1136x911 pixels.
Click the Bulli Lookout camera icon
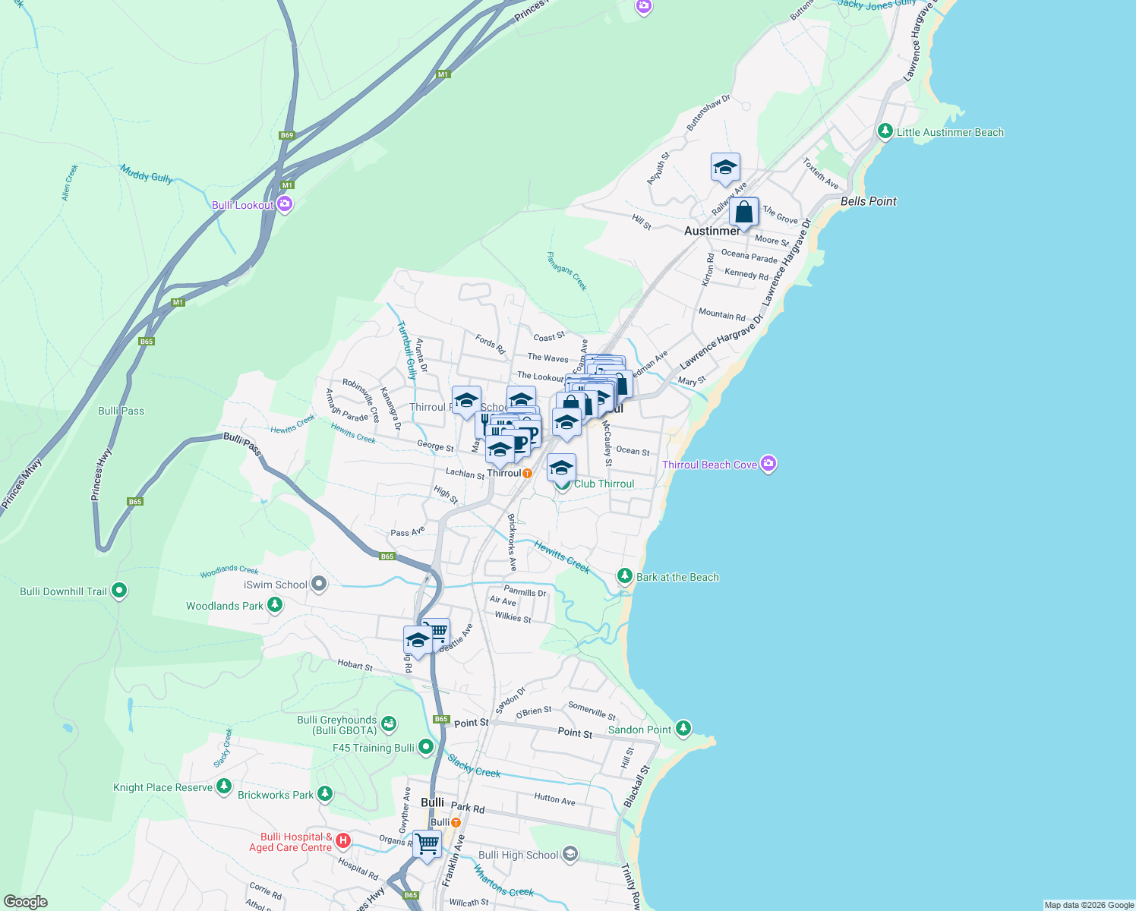[x=285, y=204]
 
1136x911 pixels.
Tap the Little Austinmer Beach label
[x=950, y=132]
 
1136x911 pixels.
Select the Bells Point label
[x=868, y=201]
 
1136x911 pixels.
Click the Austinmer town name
[x=712, y=231]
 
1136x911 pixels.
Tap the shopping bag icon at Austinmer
[x=744, y=213]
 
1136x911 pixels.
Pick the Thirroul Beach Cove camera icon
[x=768, y=464]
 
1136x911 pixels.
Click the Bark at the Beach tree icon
[x=625, y=576]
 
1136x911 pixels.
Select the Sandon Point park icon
[x=683, y=729]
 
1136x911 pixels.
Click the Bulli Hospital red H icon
[x=343, y=840]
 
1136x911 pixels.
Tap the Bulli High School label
[x=518, y=855]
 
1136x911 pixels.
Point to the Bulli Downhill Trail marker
[x=119, y=591]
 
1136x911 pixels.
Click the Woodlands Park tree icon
[x=275, y=605]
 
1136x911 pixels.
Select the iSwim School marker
[x=319, y=584]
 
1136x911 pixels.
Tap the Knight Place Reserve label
[x=163, y=787]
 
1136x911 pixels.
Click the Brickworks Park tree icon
[x=325, y=794]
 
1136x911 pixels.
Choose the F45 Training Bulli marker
[x=426, y=747]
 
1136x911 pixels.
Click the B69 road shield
[x=286, y=135]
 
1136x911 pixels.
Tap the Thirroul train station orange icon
[x=527, y=473]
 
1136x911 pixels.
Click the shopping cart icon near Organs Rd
[x=427, y=844]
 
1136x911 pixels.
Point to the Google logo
[x=26, y=902]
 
